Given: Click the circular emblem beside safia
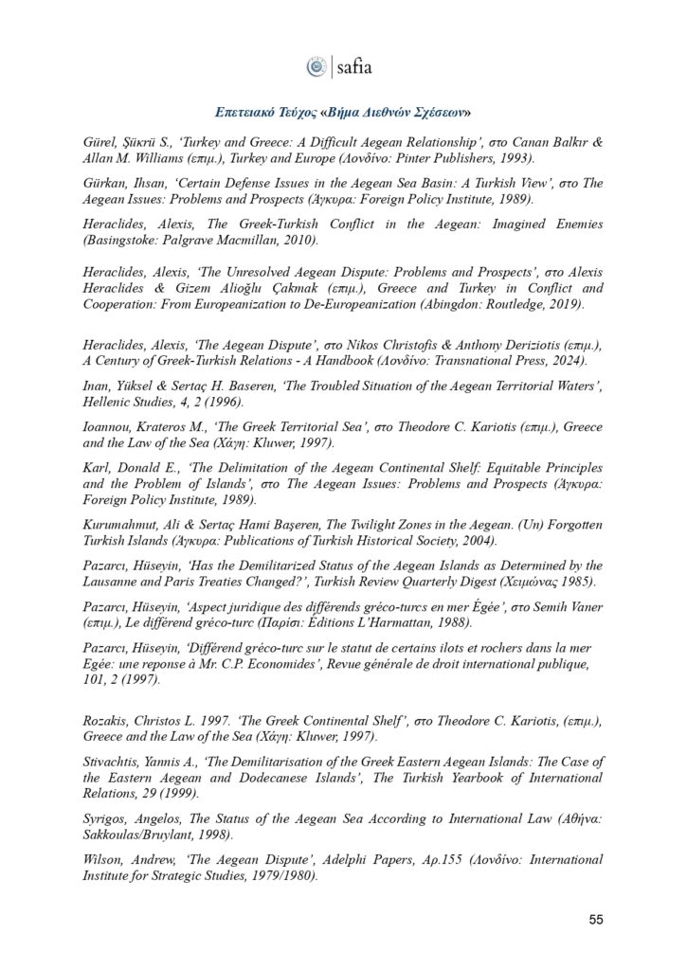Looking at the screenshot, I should point(316,66).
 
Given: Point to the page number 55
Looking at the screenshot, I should point(594,919).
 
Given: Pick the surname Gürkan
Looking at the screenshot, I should point(106,182).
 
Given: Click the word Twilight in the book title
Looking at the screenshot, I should point(354,525).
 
